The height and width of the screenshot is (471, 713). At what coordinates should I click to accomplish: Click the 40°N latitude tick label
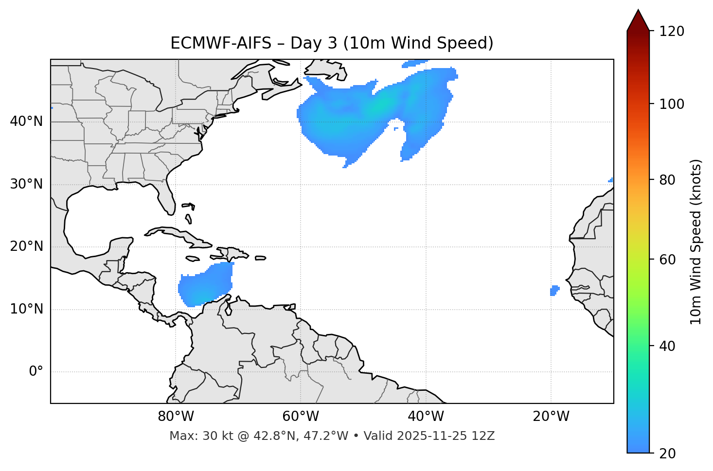click(x=26, y=122)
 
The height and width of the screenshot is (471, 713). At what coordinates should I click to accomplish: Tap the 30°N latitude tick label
click(x=26, y=184)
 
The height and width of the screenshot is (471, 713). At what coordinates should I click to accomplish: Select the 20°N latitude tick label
click(x=26, y=246)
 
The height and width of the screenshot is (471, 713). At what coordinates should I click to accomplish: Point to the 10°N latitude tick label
click(x=26, y=309)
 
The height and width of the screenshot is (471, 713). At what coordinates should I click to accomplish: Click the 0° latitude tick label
click(x=36, y=372)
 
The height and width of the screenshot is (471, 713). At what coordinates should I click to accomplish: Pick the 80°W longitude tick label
click(x=176, y=417)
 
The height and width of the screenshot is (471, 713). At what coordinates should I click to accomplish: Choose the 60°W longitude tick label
click(x=301, y=417)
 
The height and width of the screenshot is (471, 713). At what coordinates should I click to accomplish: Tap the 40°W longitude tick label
click(x=426, y=417)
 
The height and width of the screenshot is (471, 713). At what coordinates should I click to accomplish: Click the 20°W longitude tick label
click(x=551, y=417)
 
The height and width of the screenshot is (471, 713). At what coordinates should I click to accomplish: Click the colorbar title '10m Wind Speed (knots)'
click(x=696, y=242)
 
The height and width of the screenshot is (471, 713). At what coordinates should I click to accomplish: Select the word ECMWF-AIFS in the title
click(x=221, y=43)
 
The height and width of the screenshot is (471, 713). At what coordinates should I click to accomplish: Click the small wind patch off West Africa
click(x=554, y=291)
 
